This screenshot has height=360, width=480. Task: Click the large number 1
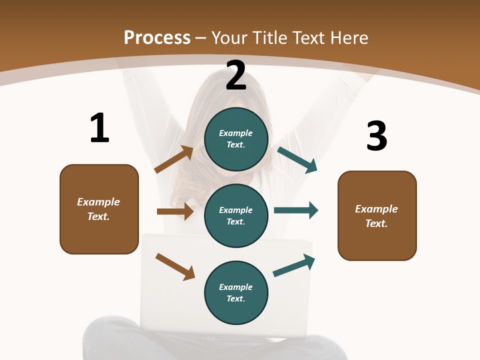[99, 128]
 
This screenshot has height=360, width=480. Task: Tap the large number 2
[236, 75]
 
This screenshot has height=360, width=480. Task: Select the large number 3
[376, 136]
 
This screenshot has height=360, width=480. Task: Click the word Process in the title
[157, 37]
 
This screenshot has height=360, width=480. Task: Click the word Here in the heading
[348, 37]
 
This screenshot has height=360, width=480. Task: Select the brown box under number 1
[99, 209]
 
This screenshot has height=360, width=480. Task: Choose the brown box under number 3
[377, 215]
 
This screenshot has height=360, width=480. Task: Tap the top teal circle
[236, 139]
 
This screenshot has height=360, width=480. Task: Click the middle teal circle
[236, 215]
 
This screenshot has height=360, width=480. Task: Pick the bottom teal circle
[236, 292]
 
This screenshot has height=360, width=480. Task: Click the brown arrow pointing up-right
[174, 159]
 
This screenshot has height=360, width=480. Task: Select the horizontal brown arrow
[175, 211]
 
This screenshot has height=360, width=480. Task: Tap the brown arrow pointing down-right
[175, 266]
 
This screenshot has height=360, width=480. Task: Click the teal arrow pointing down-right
[297, 159]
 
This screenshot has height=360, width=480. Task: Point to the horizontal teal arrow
[296, 210]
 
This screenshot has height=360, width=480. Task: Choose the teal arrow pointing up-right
[294, 265]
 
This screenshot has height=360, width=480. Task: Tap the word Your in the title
[228, 37]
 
